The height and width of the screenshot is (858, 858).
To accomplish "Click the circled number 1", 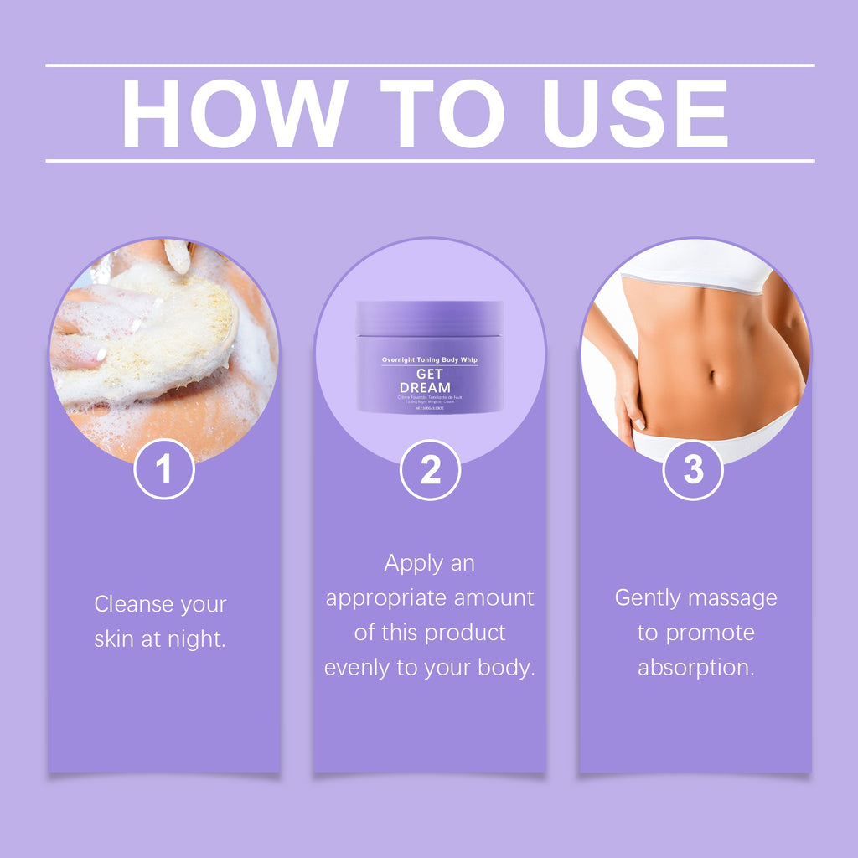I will (164, 469).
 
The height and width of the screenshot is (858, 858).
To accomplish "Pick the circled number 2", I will (430, 470).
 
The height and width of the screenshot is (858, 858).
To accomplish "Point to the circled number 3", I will (693, 470).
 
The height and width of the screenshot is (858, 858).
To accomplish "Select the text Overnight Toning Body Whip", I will (430, 359).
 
